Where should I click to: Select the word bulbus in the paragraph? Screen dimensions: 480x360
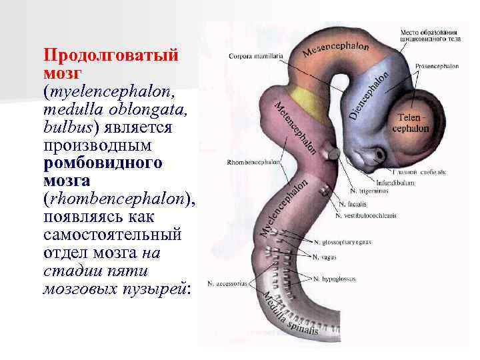point(65,126)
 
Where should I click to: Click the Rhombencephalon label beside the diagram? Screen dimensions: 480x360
point(254,161)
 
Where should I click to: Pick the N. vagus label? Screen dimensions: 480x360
point(327,255)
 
